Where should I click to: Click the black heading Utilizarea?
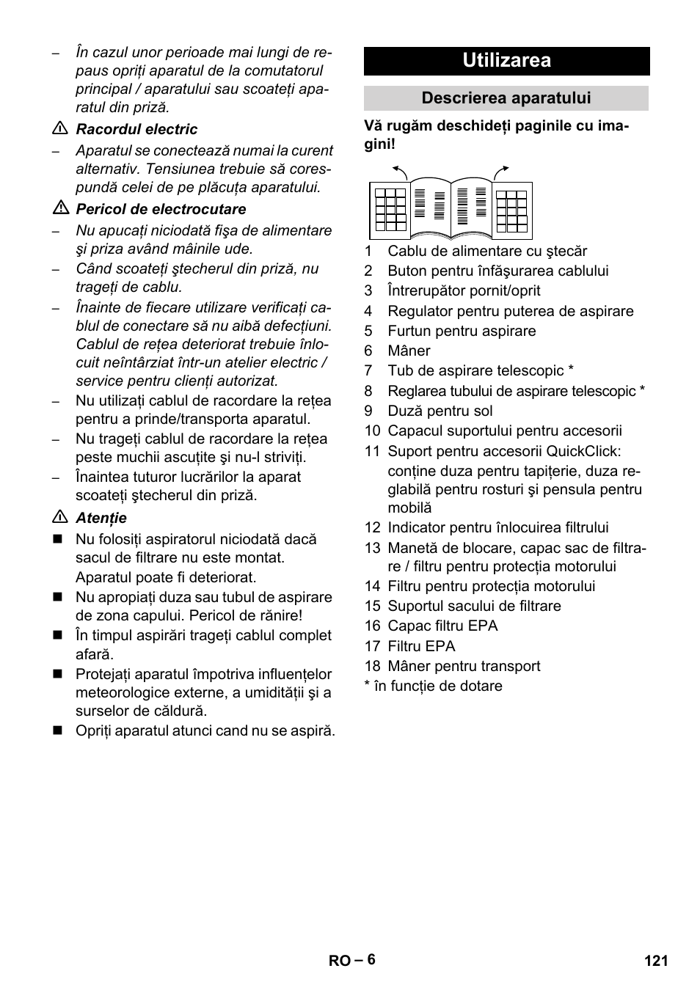[x=506, y=61]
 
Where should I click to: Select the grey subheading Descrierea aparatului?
[x=506, y=98]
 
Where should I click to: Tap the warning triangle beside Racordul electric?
[x=60, y=129]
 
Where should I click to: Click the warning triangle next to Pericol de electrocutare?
[x=60, y=209]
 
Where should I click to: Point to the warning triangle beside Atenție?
[x=60, y=518]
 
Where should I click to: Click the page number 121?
[x=656, y=960]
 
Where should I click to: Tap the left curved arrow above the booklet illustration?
[x=400, y=172]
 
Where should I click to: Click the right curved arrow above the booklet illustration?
[x=501, y=172]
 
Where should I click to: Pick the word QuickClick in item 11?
[x=583, y=451]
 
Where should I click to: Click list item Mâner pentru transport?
[x=464, y=666]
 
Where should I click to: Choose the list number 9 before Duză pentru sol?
[x=368, y=411]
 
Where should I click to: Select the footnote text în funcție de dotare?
[x=438, y=686]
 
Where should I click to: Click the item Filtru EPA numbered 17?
[x=421, y=646]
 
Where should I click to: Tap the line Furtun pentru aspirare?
[x=462, y=331]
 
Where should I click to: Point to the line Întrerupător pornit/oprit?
[x=464, y=291]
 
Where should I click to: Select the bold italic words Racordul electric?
[x=136, y=129]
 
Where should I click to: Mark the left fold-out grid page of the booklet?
[x=390, y=210]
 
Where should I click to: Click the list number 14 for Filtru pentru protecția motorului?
[x=372, y=586]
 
